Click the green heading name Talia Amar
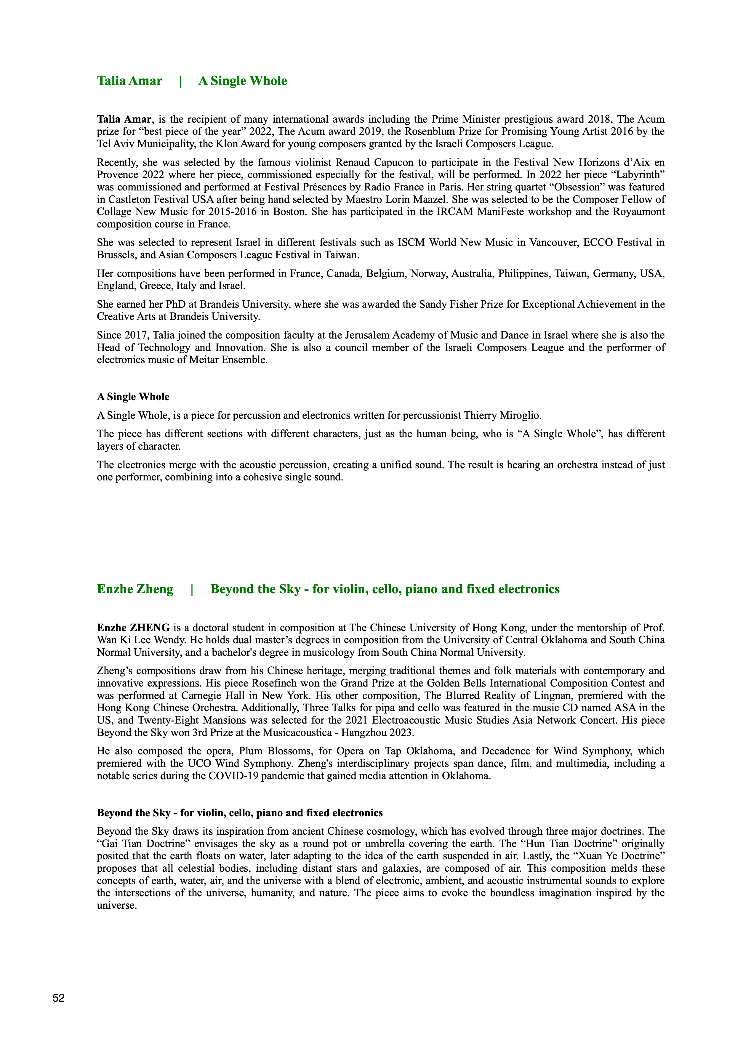click(x=129, y=81)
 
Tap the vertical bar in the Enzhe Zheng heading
click(x=192, y=589)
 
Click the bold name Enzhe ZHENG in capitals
click(x=134, y=628)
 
